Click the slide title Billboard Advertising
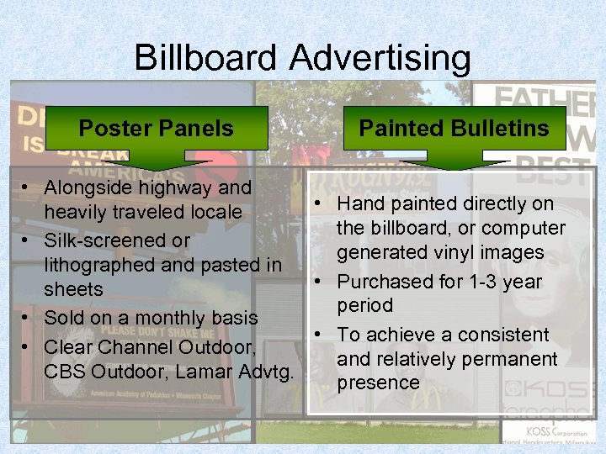(x=302, y=58)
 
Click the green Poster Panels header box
(x=156, y=129)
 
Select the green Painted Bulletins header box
(x=454, y=128)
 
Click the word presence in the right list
(x=378, y=383)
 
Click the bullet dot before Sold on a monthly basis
(x=28, y=319)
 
